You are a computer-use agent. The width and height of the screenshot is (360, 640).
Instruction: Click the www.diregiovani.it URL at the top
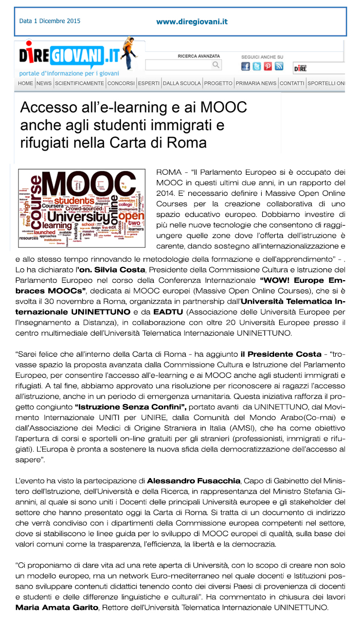point(192,22)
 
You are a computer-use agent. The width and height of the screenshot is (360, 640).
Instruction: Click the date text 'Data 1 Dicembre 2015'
point(50,22)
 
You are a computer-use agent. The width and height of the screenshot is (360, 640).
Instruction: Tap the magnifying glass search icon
point(216,65)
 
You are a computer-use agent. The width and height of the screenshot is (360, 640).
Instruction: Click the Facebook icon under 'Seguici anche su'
point(245,66)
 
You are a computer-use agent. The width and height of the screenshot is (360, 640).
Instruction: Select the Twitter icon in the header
point(257,66)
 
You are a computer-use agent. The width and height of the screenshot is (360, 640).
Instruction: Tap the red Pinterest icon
point(268,66)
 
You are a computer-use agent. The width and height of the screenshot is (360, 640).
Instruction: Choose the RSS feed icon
point(279,66)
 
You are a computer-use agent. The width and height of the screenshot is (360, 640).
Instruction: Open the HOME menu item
point(25,83)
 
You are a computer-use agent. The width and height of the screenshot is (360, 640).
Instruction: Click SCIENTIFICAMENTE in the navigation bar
point(80,83)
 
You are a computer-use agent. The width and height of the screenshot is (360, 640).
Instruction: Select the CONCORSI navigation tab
point(121,83)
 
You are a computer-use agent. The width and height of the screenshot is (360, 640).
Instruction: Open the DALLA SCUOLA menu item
point(182,83)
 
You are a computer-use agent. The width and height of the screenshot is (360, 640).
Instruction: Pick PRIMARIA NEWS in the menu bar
point(256,83)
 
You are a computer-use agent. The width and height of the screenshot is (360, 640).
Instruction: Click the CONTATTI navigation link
point(292,83)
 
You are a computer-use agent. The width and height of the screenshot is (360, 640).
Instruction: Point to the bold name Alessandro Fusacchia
point(194,480)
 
